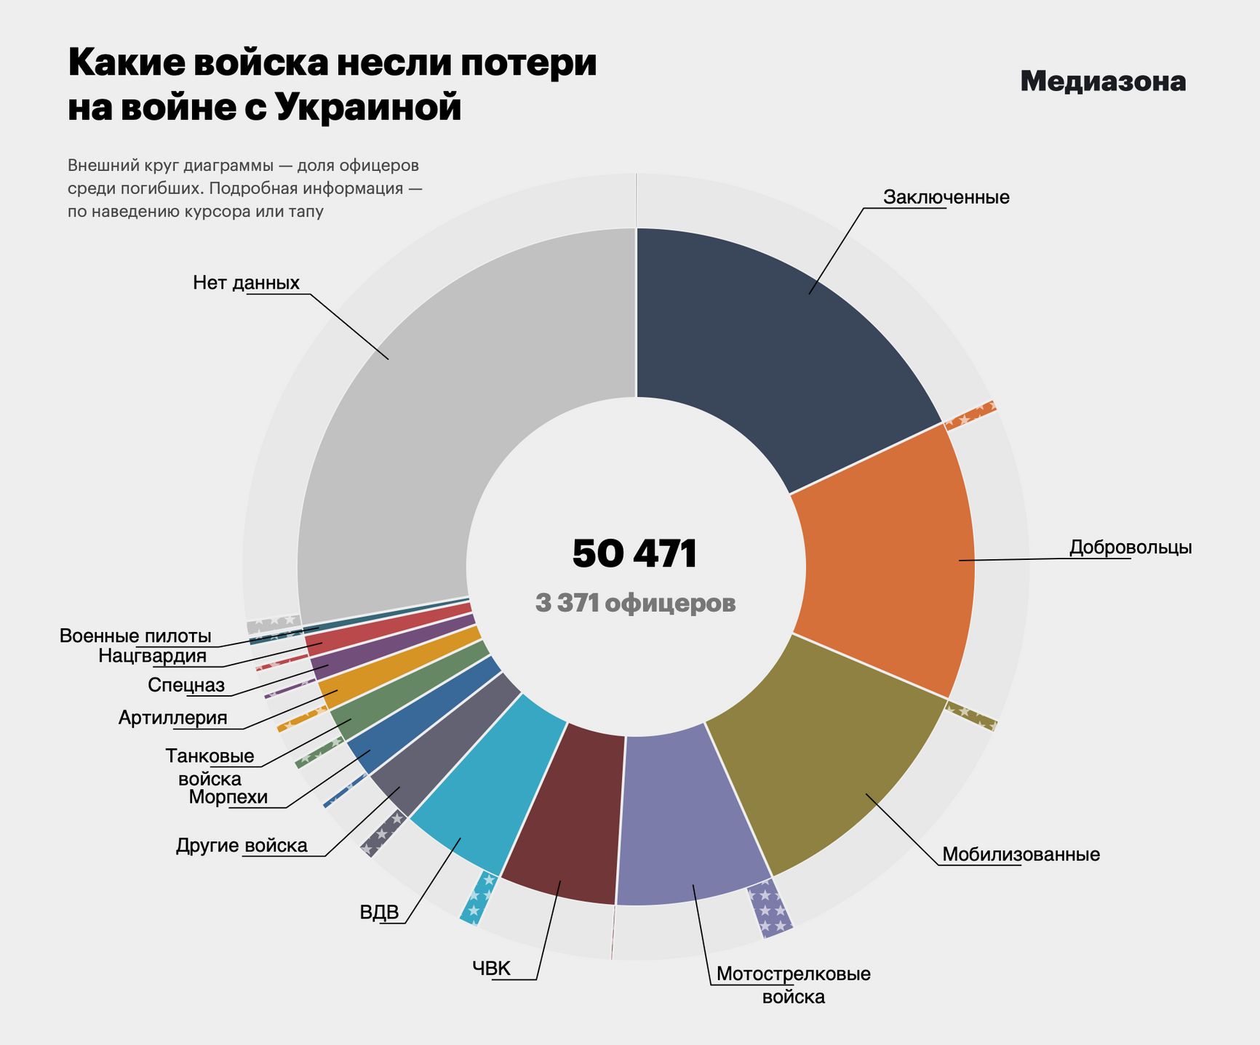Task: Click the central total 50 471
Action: pos(635,554)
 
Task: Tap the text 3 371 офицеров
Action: pos(635,603)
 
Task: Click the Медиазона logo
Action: pos(1103,81)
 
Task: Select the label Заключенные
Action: pos(946,197)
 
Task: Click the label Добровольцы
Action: pos(1130,547)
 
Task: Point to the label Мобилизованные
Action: pos(1021,854)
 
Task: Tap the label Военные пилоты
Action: pos(135,636)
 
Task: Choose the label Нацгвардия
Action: pos(152,656)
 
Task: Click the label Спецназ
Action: pos(186,685)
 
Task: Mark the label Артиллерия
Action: pos(172,718)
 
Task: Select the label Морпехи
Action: pos(228,797)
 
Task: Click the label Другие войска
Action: pos(242,845)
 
